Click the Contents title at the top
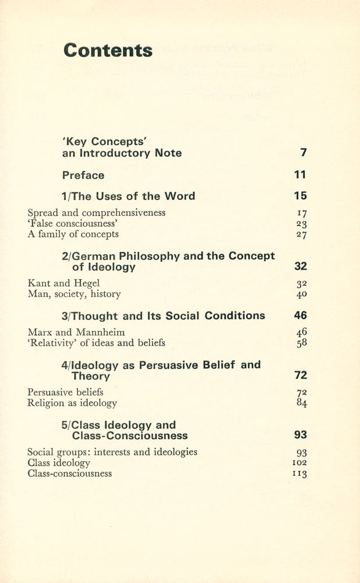click(108, 51)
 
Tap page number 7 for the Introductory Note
click(303, 153)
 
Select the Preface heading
click(83, 175)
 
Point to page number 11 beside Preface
click(300, 175)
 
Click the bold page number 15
click(300, 196)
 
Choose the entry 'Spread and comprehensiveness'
click(97, 213)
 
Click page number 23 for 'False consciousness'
click(301, 224)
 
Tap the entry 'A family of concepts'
click(73, 234)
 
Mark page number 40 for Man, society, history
click(301, 294)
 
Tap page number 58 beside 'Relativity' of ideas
click(301, 343)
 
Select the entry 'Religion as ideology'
click(72, 403)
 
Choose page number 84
click(301, 403)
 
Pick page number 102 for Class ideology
click(300, 463)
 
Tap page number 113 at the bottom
click(300, 474)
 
